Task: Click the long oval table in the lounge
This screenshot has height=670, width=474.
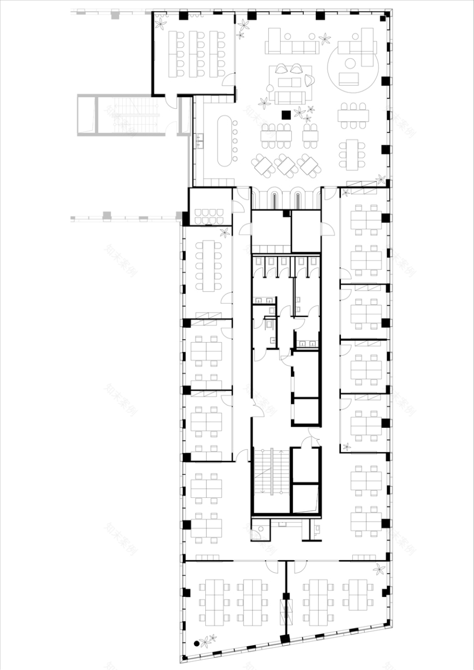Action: click(x=223, y=141)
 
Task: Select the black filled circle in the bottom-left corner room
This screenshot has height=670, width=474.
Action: click(x=197, y=642)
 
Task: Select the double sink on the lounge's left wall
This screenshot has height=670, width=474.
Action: click(x=200, y=142)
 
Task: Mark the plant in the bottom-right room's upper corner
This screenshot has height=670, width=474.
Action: click(x=379, y=569)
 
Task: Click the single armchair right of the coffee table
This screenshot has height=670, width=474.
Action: click(x=310, y=81)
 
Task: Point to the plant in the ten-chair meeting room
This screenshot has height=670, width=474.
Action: click(x=225, y=232)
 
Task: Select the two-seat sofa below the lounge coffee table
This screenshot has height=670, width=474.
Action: click(x=290, y=97)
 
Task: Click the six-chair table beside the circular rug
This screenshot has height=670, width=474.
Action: click(x=353, y=115)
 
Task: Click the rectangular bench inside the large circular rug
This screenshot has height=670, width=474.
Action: click(x=350, y=79)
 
